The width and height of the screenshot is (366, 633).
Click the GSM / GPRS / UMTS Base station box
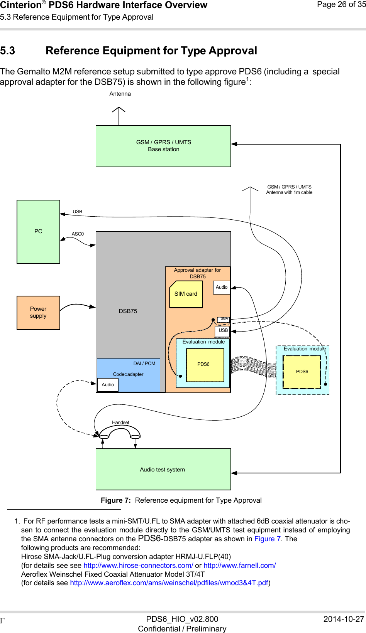tap(163, 146)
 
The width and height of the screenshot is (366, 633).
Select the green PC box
tap(38, 232)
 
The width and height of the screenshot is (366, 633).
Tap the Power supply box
tap(38, 313)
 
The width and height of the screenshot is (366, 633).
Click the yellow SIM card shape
tap(186, 294)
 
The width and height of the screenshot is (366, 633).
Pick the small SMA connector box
tap(223, 319)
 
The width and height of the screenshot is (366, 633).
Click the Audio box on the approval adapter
tap(222, 287)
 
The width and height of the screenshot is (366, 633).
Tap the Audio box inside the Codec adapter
tap(108, 385)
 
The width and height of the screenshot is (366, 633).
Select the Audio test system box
tap(163, 469)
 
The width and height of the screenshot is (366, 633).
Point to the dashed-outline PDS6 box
tap(302, 372)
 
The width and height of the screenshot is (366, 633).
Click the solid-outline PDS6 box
tap(205, 365)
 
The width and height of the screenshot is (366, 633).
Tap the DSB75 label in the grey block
tap(128, 311)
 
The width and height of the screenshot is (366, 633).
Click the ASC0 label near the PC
tap(78, 234)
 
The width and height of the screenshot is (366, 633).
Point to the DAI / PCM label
tap(144, 364)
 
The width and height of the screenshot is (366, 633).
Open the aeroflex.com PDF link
tap(169, 583)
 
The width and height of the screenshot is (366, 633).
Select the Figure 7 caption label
tap(116, 500)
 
